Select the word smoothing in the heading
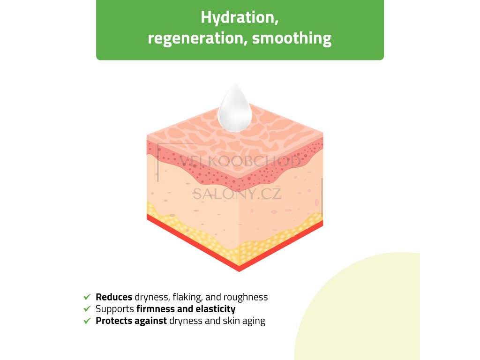[292, 38]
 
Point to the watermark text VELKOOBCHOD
[240, 162]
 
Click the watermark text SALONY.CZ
[237, 193]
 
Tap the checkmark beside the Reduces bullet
[87, 297]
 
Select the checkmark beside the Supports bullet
[87, 309]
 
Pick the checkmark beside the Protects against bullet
[87, 321]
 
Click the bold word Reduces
[114, 297]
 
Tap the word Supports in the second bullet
[115, 309]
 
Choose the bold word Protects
[112, 321]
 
